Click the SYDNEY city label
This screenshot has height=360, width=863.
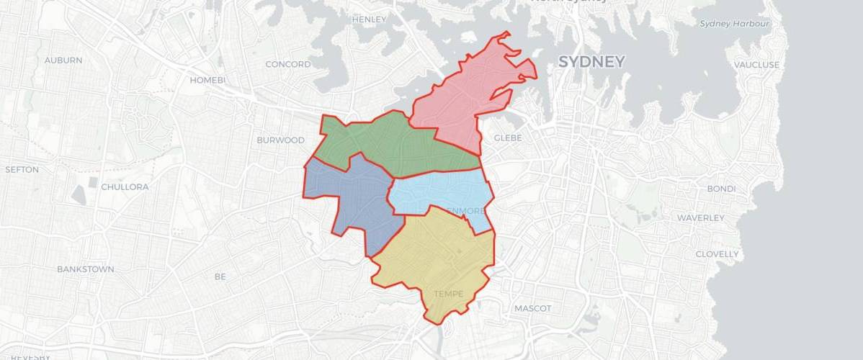[591, 62]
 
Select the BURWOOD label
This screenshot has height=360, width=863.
[280, 140]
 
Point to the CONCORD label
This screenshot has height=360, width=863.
[287, 64]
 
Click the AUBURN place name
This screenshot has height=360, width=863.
[63, 60]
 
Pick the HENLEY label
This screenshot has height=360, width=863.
[370, 19]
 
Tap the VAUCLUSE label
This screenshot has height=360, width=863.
[756, 65]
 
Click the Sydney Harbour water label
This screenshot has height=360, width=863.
[735, 24]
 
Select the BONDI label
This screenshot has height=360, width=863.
[721, 189]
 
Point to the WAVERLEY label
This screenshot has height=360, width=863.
[700, 217]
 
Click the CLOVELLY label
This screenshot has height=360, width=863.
[717, 254]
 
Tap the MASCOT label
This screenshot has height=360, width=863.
[532, 308]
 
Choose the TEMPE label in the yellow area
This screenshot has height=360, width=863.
[449, 293]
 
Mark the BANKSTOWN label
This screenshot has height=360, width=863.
[86, 269]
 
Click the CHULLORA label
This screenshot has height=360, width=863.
[125, 187]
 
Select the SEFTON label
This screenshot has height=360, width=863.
[22, 170]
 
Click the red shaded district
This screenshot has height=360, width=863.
[468, 94]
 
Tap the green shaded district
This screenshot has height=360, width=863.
[389, 144]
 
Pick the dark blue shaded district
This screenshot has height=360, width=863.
[349, 198]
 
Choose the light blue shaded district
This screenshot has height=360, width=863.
[439, 191]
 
